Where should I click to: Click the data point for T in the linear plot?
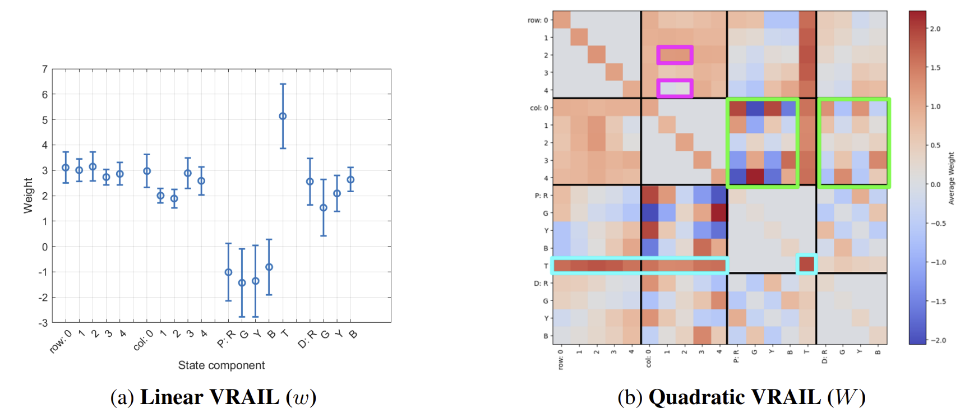[283, 117]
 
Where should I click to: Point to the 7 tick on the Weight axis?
[45, 69]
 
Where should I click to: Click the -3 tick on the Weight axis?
[43, 323]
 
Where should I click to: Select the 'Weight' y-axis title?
[28, 196]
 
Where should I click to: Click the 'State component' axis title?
[221, 365]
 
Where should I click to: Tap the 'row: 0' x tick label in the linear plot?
[61, 341]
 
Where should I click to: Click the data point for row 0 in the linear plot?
[66, 168]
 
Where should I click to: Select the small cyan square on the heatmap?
[806, 264]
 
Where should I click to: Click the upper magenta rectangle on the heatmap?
[675, 55]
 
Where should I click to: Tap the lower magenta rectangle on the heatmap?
[675, 88]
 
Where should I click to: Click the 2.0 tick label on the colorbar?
[935, 29]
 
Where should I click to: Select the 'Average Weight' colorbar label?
[951, 178]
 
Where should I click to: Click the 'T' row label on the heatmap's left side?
[546, 266]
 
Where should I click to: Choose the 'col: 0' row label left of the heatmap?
[539, 108]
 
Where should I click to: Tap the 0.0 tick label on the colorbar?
[935, 184]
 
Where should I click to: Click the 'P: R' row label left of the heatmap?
[541, 196]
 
